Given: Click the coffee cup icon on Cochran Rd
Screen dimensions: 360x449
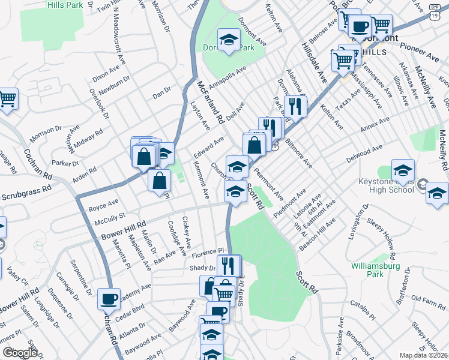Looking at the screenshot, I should pyautogui.click(x=109, y=299).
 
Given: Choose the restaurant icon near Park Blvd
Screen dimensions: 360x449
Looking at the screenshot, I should pyautogui.click(x=295, y=106).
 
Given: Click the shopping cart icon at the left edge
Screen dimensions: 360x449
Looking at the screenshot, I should pyautogui.click(x=7, y=98).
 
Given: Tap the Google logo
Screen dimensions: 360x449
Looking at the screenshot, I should pyautogui.click(x=20, y=352).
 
